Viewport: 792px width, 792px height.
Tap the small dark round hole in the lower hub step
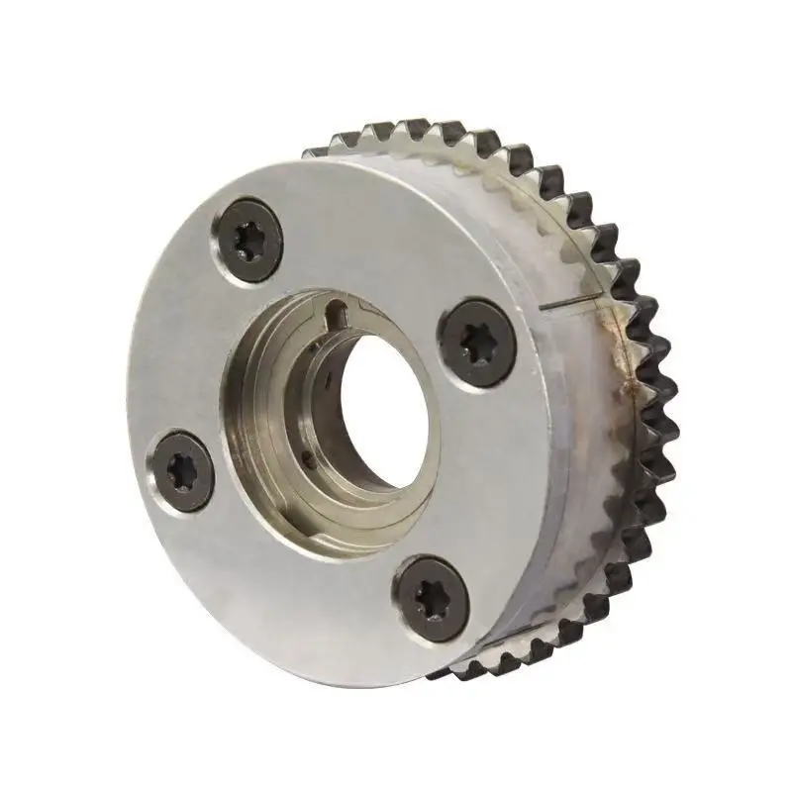pos(308,456)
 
